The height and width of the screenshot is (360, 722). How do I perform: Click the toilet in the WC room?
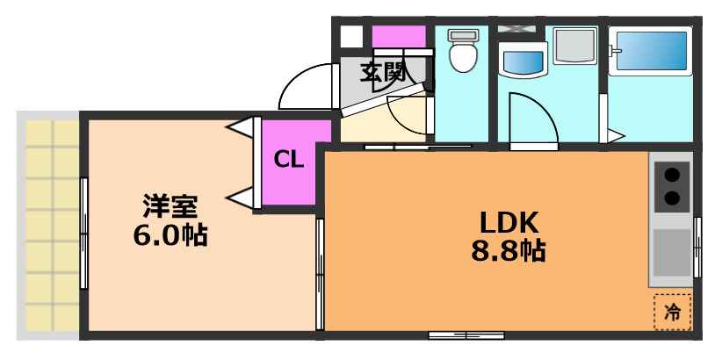coord(461,53)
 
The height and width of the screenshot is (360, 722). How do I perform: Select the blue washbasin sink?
coord(523,61)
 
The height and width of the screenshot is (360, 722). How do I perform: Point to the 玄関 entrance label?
coord(383,72)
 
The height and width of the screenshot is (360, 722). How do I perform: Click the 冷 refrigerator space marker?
coord(672,311)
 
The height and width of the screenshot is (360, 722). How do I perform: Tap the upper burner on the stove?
coord(672,174)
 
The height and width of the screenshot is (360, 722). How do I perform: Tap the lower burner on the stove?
coord(672,198)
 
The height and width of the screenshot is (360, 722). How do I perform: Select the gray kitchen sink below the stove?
coord(672,253)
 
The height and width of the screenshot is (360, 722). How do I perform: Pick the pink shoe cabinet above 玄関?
coord(398,37)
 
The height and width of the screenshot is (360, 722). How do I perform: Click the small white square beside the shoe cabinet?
coord(350,37)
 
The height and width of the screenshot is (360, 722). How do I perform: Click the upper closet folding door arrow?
coord(240,129)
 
